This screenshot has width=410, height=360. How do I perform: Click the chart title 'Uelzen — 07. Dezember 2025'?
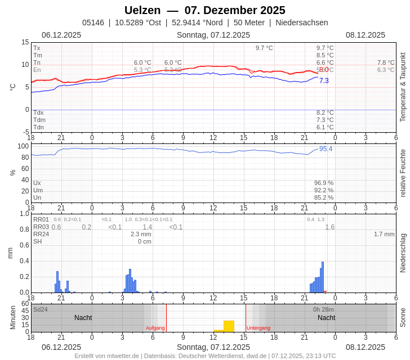(x=204, y=10)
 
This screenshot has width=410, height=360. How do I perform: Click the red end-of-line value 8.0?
(x=324, y=70)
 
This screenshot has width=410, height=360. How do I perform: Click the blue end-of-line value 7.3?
(x=324, y=81)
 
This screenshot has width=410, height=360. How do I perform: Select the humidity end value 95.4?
(x=326, y=149)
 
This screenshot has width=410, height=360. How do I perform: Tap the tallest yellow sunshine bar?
(x=229, y=326)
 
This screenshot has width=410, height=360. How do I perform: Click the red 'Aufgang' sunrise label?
(x=155, y=328)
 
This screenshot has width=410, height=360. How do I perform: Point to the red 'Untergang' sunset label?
(x=259, y=328)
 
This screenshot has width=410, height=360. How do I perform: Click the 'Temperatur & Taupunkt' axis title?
(x=402, y=87)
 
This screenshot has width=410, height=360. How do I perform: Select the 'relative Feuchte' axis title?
(x=402, y=173)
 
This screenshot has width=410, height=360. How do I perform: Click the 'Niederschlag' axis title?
(x=402, y=253)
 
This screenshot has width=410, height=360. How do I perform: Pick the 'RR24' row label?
(x=41, y=234)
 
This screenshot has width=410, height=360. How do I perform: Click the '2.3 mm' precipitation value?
(x=141, y=234)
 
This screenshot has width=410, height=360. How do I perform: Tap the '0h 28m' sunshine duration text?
(x=323, y=309)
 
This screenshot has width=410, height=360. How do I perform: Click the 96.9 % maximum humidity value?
(x=323, y=183)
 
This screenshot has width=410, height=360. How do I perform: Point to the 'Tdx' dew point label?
(x=38, y=112)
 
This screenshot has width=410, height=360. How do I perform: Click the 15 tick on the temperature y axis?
(x=25, y=42)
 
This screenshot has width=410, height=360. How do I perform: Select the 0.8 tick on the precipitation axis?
(x=24, y=229)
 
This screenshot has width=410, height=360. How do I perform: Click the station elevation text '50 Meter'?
(x=249, y=22)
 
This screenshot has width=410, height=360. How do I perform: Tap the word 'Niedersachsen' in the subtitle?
(x=301, y=22)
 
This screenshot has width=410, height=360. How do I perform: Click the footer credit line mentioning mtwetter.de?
(x=205, y=355)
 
